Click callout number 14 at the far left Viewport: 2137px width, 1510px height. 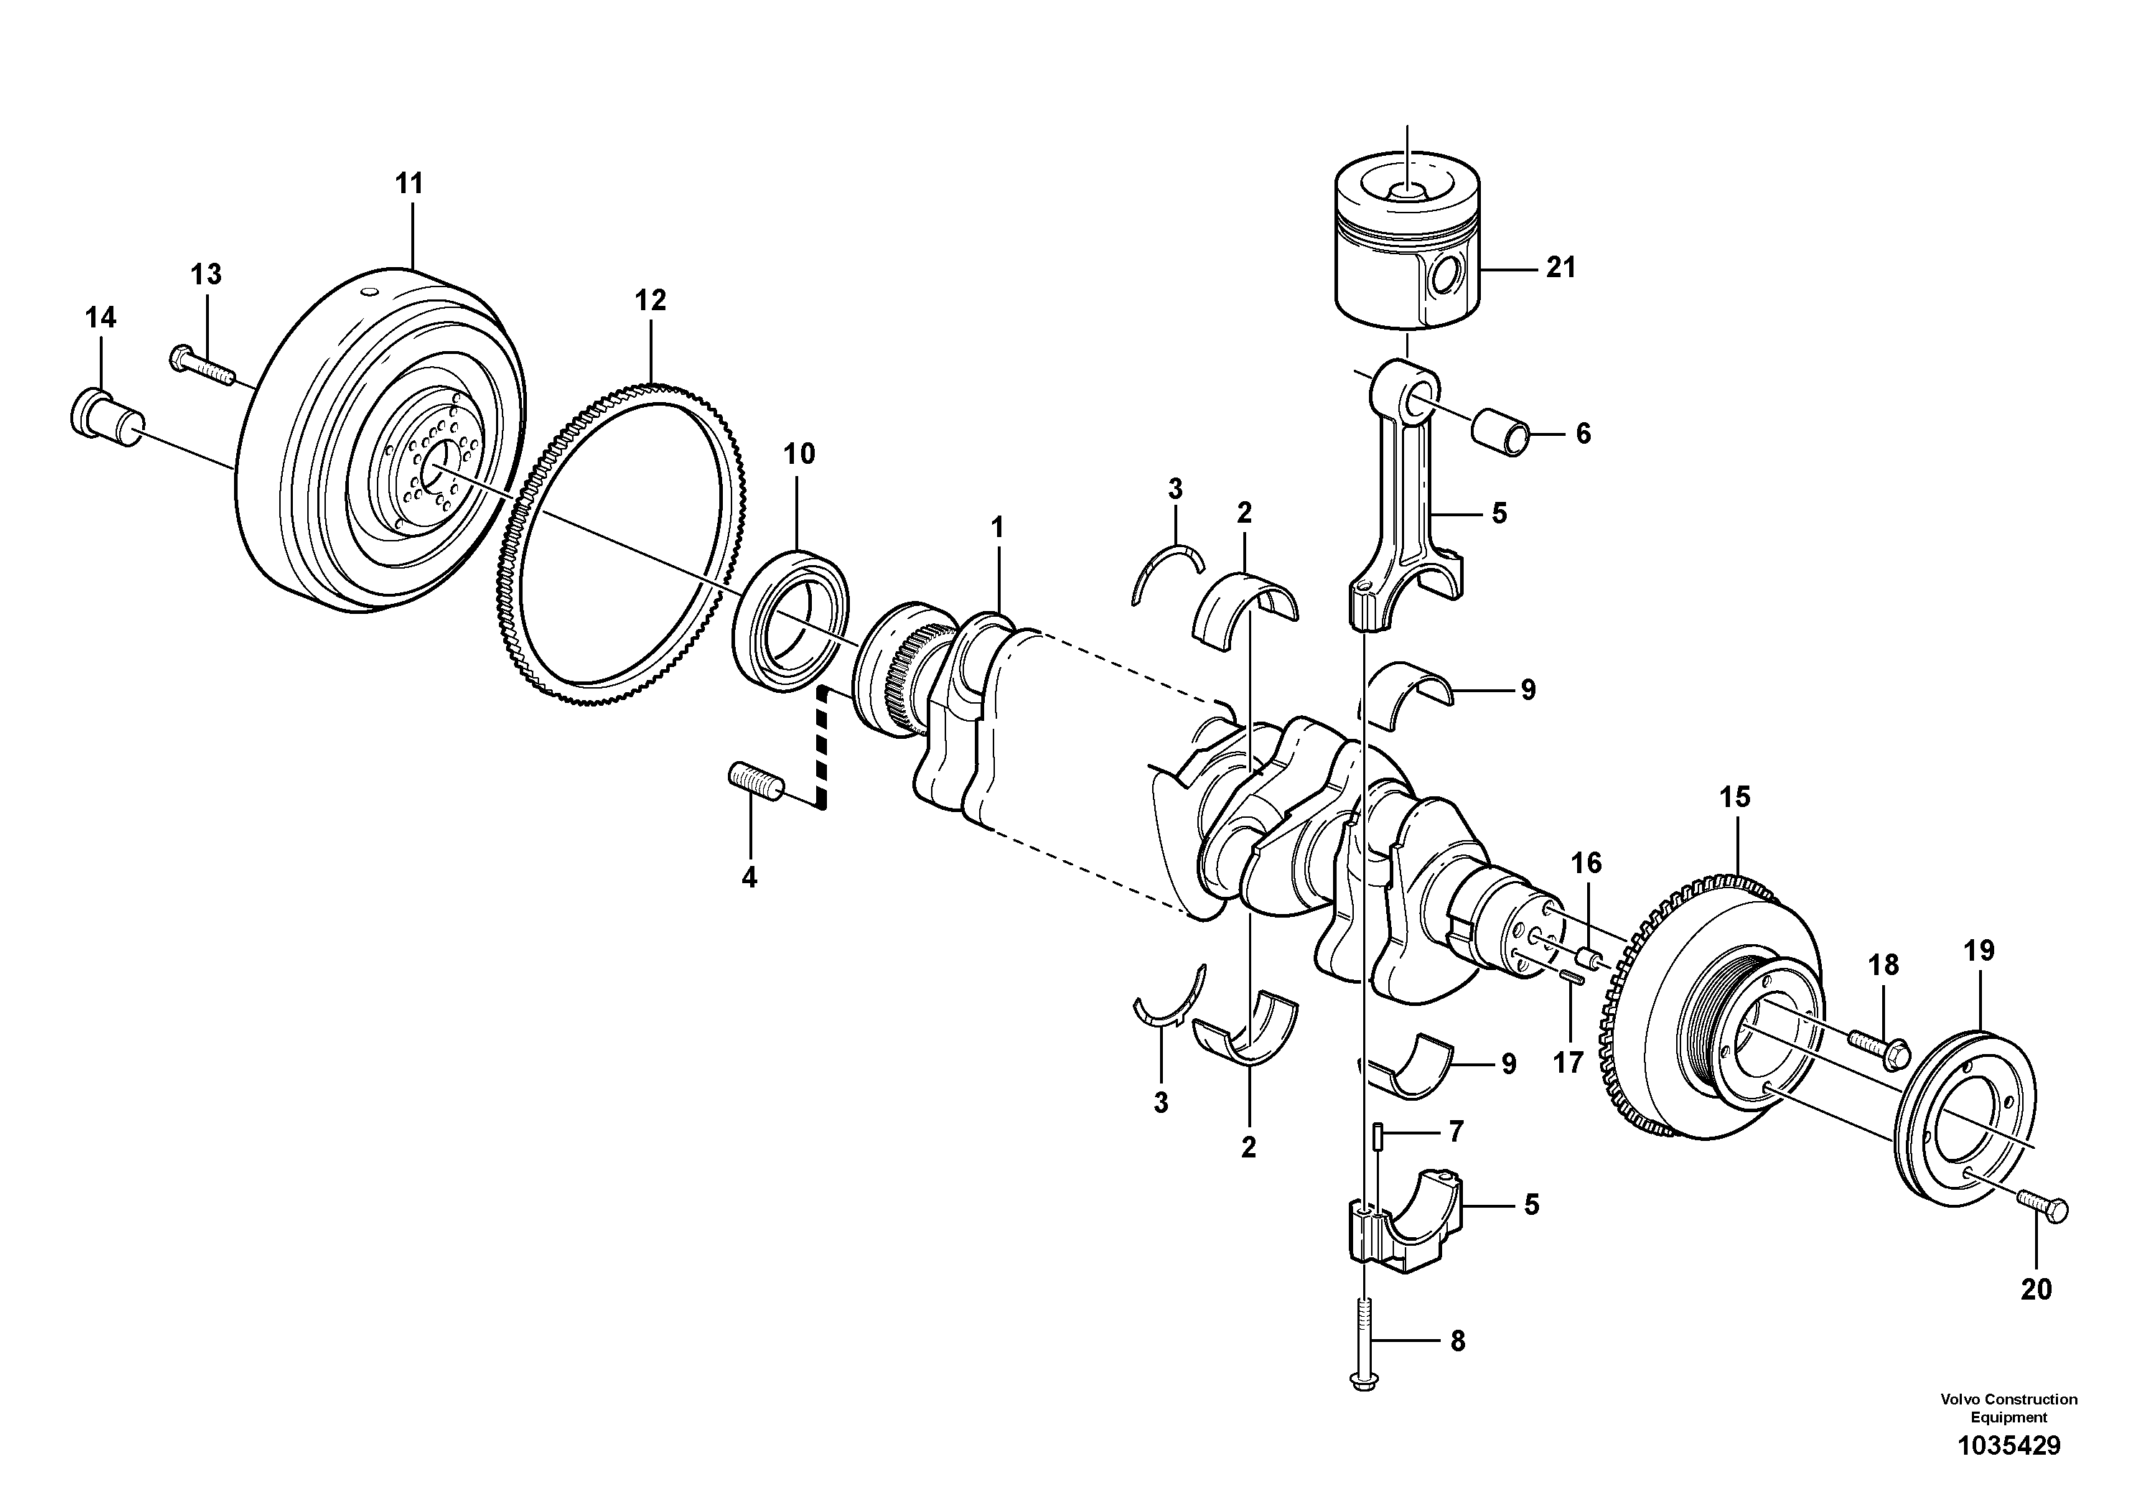[100, 318]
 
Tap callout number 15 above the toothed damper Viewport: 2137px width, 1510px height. [1735, 797]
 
